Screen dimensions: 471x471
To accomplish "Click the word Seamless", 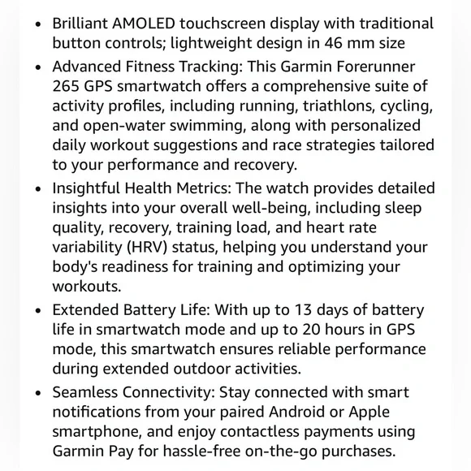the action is [87, 391].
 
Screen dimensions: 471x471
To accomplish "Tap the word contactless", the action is [245, 432].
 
